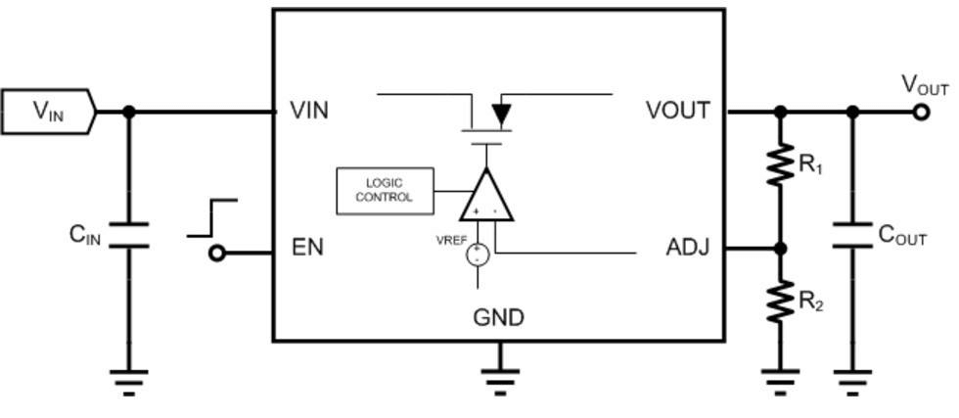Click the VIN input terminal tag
[x=48, y=112]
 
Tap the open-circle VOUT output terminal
[x=920, y=112]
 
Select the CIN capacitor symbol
[x=128, y=235]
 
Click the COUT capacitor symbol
[x=852, y=235]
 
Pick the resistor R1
[x=780, y=165]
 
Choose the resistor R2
[x=780, y=301]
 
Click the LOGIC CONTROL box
[x=385, y=190]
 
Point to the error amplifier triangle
[x=486, y=196]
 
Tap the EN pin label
[x=307, y=247]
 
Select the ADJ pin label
[x=686, y=248]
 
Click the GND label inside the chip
[x=498, y=318]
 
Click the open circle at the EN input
[x=217, y=254]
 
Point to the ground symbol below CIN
[x=128, y=380]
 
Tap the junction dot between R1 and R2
[x=780, y=249]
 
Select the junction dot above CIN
[x=128, y=112]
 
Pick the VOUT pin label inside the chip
[x=677, y=111]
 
